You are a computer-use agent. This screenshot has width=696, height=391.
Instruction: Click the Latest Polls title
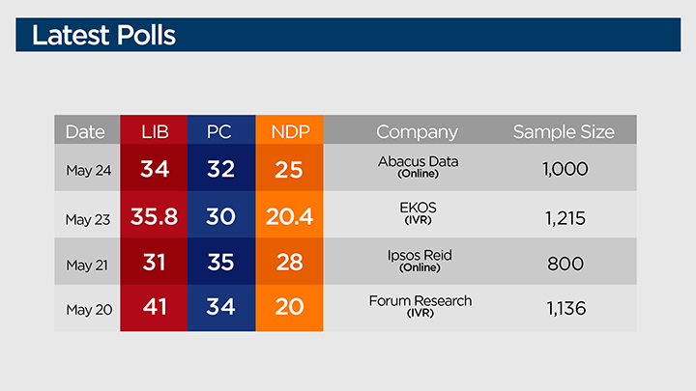103,36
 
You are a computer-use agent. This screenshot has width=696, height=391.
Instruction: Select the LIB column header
155,131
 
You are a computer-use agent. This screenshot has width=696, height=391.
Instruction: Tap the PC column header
221,131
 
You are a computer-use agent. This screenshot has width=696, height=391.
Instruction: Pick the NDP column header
290,131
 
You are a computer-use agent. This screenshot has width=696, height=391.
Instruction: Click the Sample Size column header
564,131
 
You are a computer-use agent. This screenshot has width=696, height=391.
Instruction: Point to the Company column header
417,131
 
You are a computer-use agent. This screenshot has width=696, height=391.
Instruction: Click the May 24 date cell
88,170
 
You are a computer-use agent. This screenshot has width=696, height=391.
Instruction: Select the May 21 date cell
88,263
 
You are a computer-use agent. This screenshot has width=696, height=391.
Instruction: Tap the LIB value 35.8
155,217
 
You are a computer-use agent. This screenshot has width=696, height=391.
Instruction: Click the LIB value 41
155,309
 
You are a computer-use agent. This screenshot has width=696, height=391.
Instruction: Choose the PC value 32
221,170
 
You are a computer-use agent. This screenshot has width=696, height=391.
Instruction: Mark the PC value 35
221,263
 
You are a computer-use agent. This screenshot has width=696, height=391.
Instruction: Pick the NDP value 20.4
290,217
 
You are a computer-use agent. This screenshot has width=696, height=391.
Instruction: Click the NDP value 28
290,263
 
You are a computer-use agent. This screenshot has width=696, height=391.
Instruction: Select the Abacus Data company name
419,161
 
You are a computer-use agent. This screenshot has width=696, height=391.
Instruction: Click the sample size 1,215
565,217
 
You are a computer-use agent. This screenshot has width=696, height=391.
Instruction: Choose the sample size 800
565,263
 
